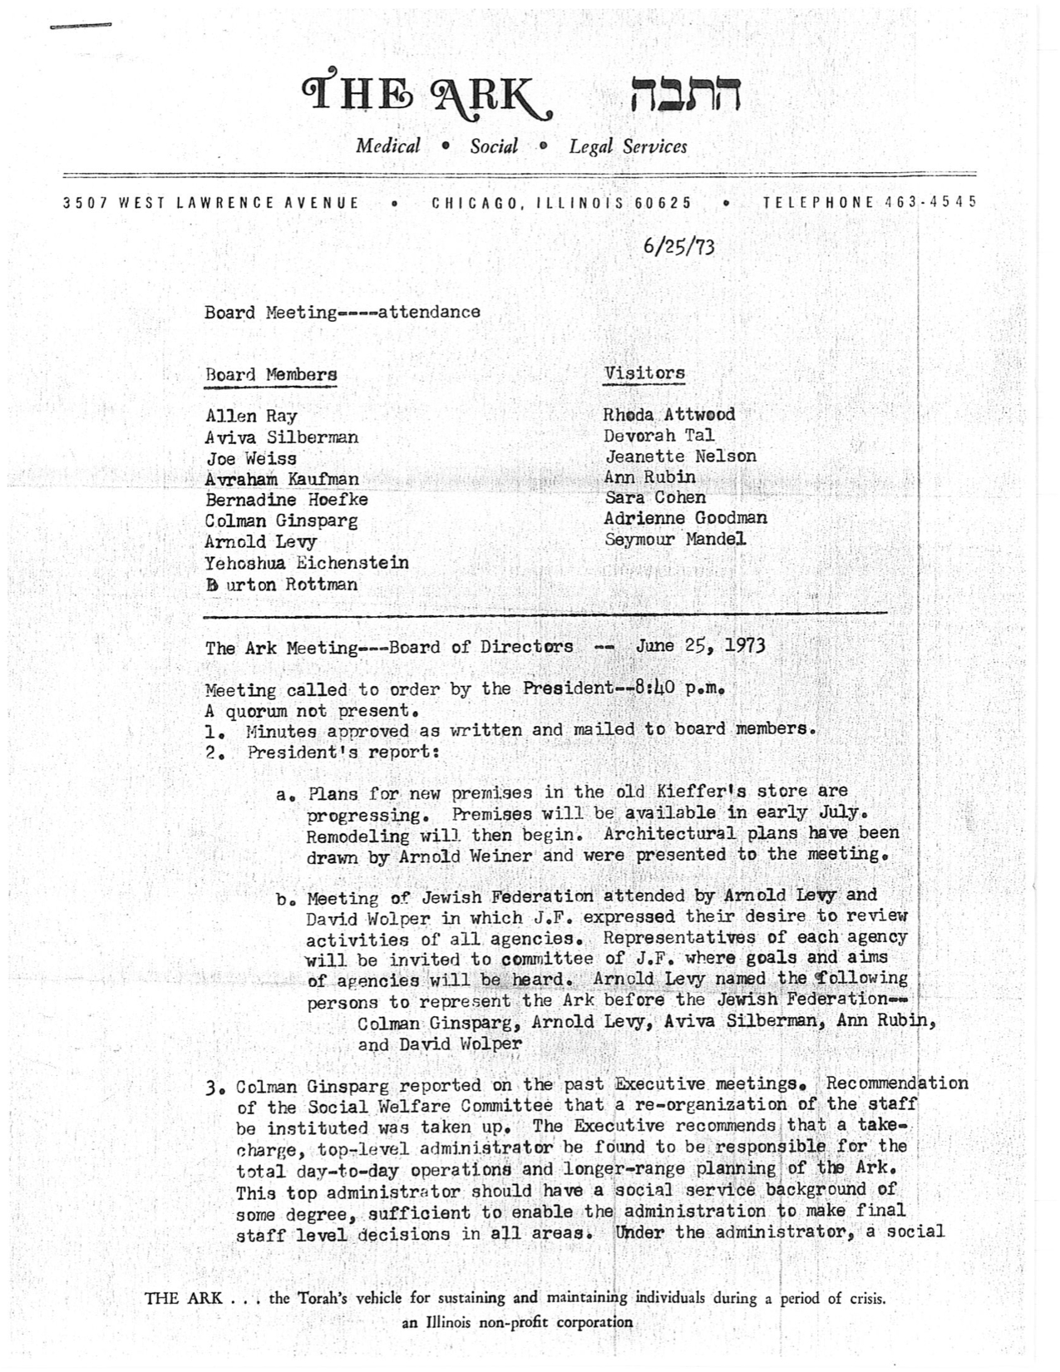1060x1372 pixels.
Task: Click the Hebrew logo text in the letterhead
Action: tap(685, 96)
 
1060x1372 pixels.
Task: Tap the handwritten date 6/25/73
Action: tap(678, 247)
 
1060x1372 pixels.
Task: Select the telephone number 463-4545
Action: tap(930, 202)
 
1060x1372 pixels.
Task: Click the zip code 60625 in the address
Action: tap(663, 202)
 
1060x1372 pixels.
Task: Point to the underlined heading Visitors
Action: tap(644, 373)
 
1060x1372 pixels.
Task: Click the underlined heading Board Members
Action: tap(271, 374)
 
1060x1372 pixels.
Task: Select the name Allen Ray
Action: tap(251, 417)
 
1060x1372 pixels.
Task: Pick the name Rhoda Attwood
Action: tap(669, 414)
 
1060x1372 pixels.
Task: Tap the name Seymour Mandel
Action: tap(675, 539)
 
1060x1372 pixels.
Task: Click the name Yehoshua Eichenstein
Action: tap(307, 563)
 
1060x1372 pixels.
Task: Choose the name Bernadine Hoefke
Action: tap(286, 500)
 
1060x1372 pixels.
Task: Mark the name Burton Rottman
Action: tap(282, 584)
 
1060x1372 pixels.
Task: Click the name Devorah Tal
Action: tap(659, 435)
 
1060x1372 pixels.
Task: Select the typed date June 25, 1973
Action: tap(700, 645)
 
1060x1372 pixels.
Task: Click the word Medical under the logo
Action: tap(388, 146)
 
